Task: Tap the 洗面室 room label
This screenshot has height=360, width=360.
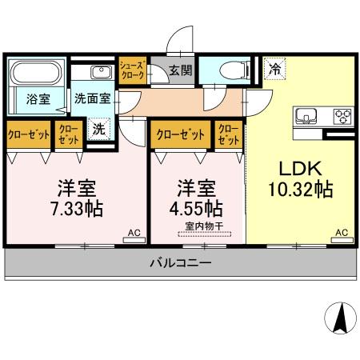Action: [x=93, y=100]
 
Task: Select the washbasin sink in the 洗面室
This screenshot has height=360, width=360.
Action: [x=102, y=74]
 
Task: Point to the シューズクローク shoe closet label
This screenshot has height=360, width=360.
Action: [x=132, y=70]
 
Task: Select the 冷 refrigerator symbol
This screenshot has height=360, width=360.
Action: [x=274, y=70]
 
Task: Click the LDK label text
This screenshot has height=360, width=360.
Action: [x=300, y=169]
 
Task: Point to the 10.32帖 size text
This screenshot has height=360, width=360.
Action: [x=300, y=191]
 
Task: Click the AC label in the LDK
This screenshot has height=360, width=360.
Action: [x=342, y=233]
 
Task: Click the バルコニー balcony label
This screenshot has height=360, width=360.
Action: [x=180, y=262]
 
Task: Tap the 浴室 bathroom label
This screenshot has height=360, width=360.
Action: [x=38, y=100]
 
